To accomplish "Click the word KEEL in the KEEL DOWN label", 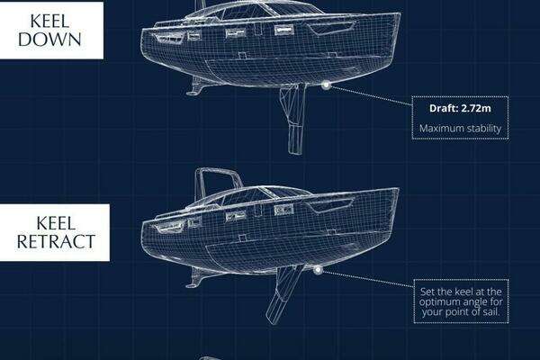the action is (x=49, y=22).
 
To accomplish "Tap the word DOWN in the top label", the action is (x=49, y=40).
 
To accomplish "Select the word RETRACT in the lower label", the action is (x=56, y=241).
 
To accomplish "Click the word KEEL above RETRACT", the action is (x=56, y=223).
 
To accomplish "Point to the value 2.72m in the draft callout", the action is (x=476, y=108).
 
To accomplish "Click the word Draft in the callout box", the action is (x=444, y=108).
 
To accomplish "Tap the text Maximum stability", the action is (x=460, y=129).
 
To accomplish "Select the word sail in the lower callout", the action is (x=491, y=312).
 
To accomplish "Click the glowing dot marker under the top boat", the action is (x=326, y=85).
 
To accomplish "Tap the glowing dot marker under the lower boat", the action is (x=318, y=270).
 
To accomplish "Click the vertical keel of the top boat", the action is (x=295, y=119).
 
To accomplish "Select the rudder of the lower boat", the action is (x=195, y=278).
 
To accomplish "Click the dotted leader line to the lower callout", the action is (x=367, y=279).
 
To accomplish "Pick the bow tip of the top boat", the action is (x=400, y=13).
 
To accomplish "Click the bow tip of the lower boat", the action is (x=399, y=189).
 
